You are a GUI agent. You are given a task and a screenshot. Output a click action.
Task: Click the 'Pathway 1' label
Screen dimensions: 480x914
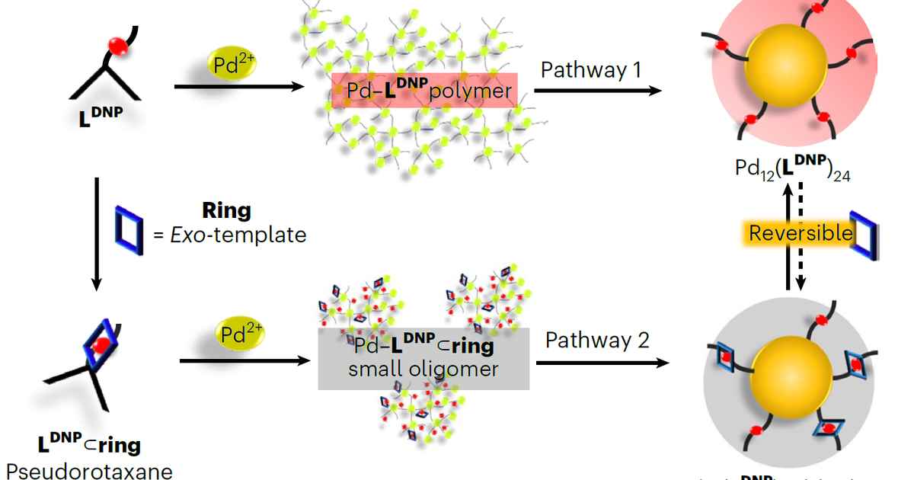pos(591,70)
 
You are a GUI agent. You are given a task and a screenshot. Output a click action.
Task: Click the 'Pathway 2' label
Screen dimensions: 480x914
pos(597,340)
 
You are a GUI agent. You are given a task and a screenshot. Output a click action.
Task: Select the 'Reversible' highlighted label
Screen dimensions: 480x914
pos(800,232)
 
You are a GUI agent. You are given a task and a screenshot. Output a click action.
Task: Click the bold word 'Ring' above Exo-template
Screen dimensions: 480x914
pos(226,210)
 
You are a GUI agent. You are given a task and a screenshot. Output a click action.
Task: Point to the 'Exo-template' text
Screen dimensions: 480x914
pos(230,235)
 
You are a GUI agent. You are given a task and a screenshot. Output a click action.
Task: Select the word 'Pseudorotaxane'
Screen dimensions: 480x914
pos(89,470)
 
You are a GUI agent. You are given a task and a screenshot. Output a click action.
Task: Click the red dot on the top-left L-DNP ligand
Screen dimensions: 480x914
pos(117,46)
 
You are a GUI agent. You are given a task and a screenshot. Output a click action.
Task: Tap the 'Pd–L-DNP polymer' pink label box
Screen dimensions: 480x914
pos(424,91)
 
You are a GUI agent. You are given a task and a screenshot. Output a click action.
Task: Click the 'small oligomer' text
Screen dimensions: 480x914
pos(423,370)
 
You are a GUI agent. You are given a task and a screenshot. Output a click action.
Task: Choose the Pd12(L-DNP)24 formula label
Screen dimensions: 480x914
pos(793,168)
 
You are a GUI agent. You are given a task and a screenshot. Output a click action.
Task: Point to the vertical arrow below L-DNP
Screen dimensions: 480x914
pos(96,232)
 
